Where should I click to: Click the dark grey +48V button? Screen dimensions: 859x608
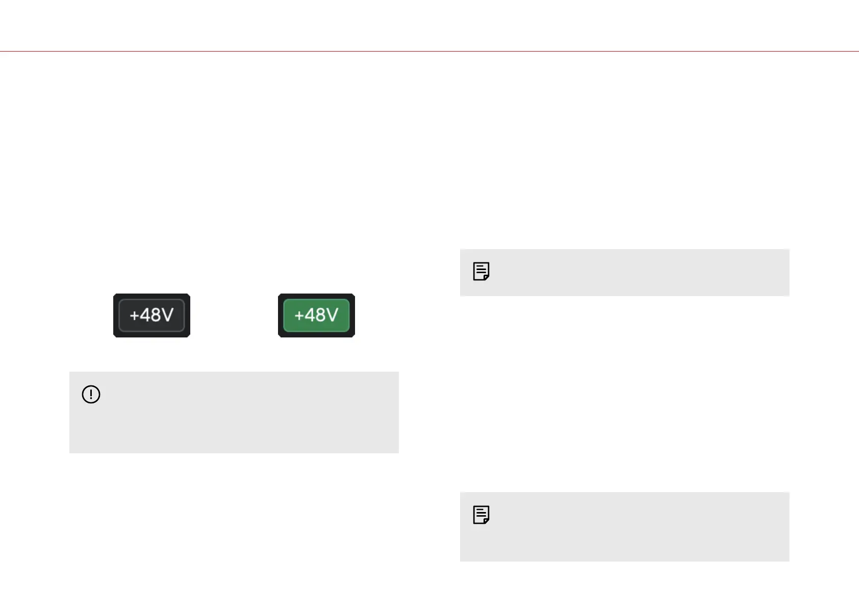pyautogui.click(x=151, y=315)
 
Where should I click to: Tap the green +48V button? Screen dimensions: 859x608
pyautogui.click(x=316, y=315)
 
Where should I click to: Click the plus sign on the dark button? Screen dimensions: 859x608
pyautogui.click(x=134, y=315)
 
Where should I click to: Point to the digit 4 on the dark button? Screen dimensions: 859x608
pyautogui.click(x=144, y=315)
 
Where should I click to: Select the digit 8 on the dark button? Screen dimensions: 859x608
pyautogui.click(x=155, y=315)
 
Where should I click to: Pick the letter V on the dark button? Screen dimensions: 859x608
pyautogui.click(x=167, y=315)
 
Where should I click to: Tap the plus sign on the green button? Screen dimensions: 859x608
pyautogui.click(x=299, y=315)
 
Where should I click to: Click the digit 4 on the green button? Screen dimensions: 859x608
pyautogui.click(x=309, y=315)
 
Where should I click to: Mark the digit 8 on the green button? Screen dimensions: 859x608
pyautogui.click(x=320, y=315)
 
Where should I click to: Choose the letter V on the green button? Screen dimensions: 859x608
pyautogui.click(x=332, y=315)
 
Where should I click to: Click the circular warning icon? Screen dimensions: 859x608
pyautogui.click(x=91, y=395)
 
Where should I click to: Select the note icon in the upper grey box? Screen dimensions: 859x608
pyautogui.click(x=481, y=272)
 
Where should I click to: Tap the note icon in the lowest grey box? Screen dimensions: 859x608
pyautogui.click(x=481, y=515)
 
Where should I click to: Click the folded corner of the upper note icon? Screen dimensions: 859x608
pyautogui.click(x=487, y=277)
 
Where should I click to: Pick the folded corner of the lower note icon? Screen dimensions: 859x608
pyautogui.click(x=487, y=521)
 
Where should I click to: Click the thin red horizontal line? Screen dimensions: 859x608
pyautogui.click(x=429, y=51)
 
